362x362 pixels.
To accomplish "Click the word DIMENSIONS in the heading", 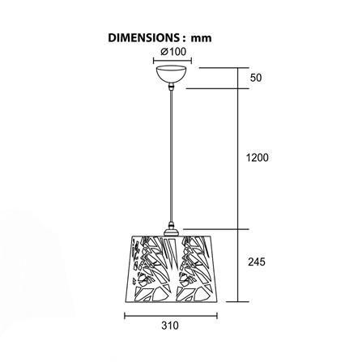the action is pyautogui.click(x=143, y=38).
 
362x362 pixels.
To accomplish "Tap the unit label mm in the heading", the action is pyautogui.click(x=201, y=39).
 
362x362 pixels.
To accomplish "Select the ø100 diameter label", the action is pyautogui.click(x=173, y=52).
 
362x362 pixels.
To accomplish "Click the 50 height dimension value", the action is pyautogui.click(x=256, y=78).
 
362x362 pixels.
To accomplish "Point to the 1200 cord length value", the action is pyautogui.click(x=258, y=157).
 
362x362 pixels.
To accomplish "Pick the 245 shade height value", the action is pyautogui.click(x=257, y=262).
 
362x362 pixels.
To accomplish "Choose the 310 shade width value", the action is pyautogui.click(x=170, y=326).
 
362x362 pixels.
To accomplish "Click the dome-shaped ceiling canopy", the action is pyautogui.click(x=171, y=74).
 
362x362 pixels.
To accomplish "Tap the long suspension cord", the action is pyautogui.click(x=171, y=156).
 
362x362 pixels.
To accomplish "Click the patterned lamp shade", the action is pyautogui.click(x=171, y=269).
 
